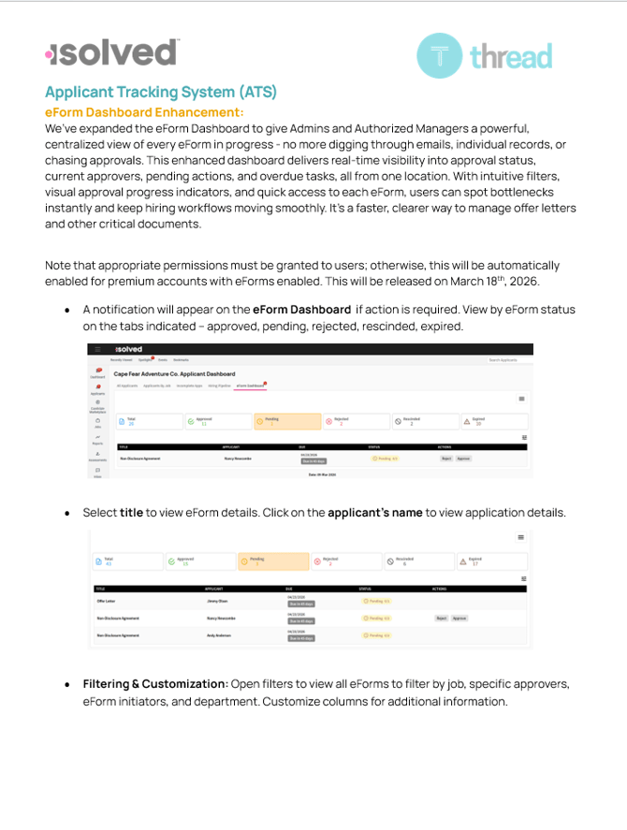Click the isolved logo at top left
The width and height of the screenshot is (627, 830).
pyautogui.click(x=111, y=53)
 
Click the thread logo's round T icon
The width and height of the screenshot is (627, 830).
pyautogui.click(x=439, y=55)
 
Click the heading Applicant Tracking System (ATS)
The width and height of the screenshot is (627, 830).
pyautogui.click(x=161, y=92)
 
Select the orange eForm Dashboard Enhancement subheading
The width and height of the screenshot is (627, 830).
pyautogui.click(x=144, y=112)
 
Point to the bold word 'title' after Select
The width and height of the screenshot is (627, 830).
pyautogui.click(x=131, y=513)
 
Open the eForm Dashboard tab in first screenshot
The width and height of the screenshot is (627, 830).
pyautogui.click(x=250, y=386)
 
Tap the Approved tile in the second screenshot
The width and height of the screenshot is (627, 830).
pyautogui.click(x=199, y=561)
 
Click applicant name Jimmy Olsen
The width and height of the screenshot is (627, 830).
pyautogui.click(x=217, y=602)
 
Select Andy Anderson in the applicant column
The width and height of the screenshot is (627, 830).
pyautogui.click(x=220, y=635)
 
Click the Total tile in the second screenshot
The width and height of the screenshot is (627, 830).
pyautogui.click(x=125, y=561)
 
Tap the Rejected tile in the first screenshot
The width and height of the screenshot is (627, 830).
pyautogui.click(x=352, y=422)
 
